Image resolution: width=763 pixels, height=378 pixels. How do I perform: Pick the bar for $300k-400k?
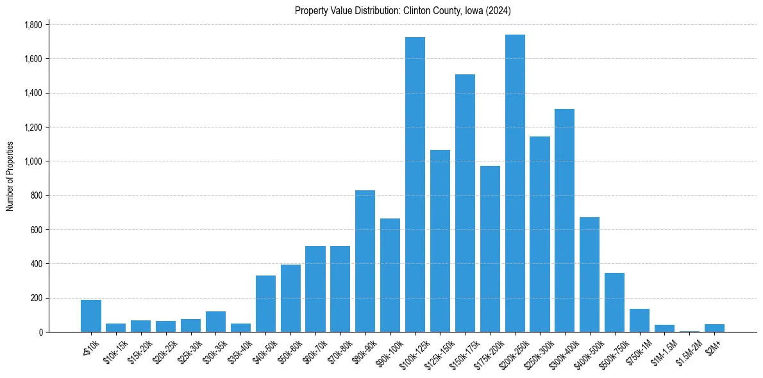pyautogui.click(x=564, y=220)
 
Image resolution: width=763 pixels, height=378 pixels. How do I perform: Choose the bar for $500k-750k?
pyautogui.click(x=614, y=302)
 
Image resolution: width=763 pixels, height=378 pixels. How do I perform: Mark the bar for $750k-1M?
pyautogui.click(x=639, y=320)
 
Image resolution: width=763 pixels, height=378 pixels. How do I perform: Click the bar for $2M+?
pyautogui.click(x=714, y=328)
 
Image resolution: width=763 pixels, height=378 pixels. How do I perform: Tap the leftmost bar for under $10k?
pyautogui.click(x=91, y=316)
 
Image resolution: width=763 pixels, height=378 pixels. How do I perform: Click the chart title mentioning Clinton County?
pyautogui.click(x=403, y=11)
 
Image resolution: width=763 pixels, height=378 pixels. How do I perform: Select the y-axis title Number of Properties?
pyautogui.click(x=10, y=176)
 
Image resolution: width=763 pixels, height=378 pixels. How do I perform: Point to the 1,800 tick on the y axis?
pyautogui.click(x=33, y=25)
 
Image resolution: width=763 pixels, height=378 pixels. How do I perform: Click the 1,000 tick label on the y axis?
pyautogui.click(x=33, y=161)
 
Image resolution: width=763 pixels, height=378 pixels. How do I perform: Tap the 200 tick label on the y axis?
pyautogui.click(x=36, y=298)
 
